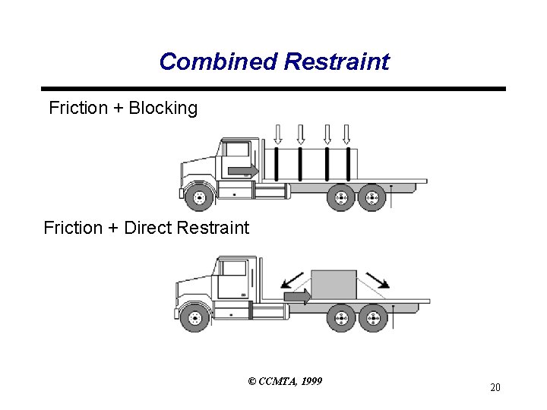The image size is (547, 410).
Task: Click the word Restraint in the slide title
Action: pos(337,61)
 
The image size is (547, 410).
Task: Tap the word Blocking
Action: pos(163,108)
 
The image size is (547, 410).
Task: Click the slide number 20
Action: pos(495,388)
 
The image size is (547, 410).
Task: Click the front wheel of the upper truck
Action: pos(198,199)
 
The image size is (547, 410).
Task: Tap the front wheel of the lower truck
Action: pos(194,317)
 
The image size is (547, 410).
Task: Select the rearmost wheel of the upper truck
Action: pos(372,198)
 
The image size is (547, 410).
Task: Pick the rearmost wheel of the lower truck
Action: pos(372,317)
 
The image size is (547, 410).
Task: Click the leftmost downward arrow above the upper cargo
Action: pos(277,134)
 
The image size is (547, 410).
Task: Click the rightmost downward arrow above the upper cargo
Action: pos(346,134)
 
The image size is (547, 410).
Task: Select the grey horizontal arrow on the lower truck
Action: pos(297,295)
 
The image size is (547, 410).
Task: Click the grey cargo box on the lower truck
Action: pos(334,287)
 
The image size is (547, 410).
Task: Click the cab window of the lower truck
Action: pos(233,269)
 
